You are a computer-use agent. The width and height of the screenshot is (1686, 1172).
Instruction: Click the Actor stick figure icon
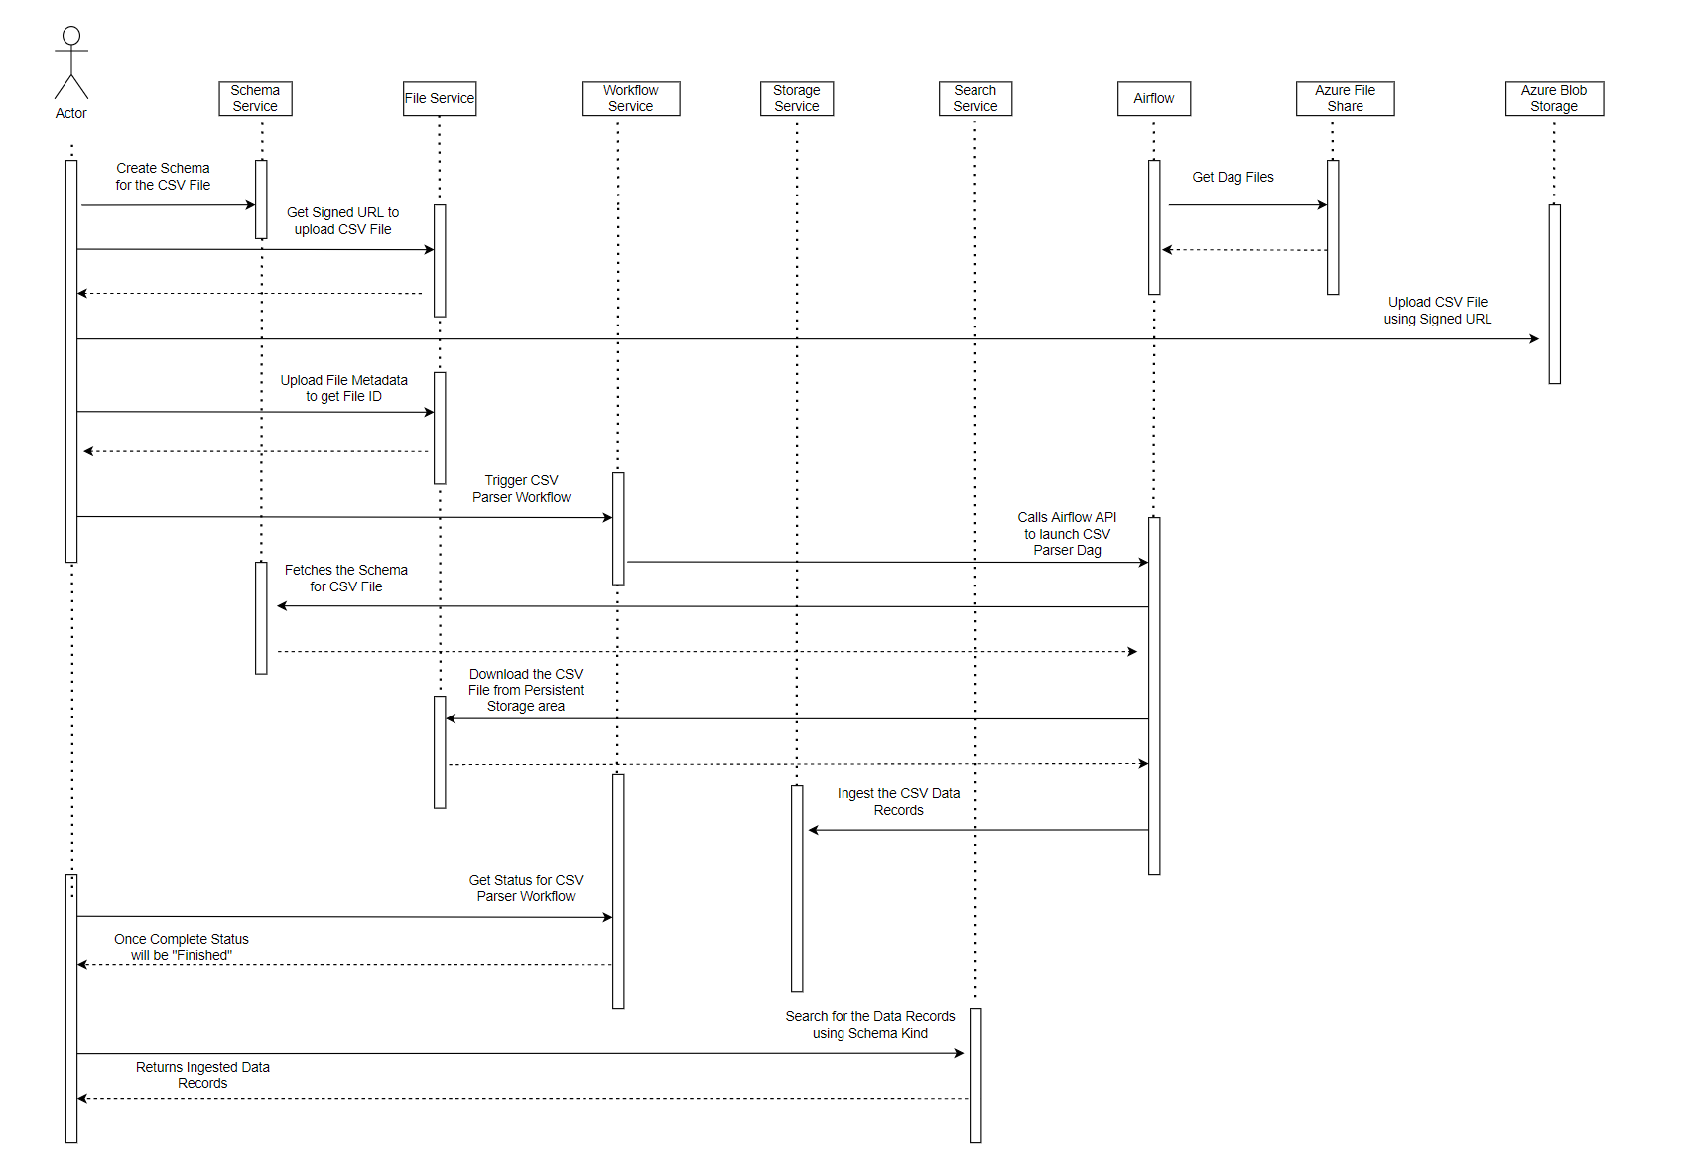point(71,64)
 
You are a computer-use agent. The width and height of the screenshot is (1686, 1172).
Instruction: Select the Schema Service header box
point(255,98)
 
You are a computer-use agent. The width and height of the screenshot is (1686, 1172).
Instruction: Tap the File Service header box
point(440,98)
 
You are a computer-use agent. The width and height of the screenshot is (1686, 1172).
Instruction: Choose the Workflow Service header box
point(630,98)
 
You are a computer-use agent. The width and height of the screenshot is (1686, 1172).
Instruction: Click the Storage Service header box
point(797,98)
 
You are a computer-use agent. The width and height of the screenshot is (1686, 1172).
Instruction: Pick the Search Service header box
point(975,98)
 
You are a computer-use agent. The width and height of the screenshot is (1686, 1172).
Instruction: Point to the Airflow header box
point(1154,98)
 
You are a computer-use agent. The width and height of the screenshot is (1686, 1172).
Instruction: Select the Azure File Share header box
point(1345,98)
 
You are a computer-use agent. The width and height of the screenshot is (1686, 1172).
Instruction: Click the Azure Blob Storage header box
point(1554,98)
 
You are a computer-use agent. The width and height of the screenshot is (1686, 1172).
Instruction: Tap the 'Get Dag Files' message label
point(1232,177)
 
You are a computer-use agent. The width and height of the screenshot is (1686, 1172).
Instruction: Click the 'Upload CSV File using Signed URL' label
point(1437,310)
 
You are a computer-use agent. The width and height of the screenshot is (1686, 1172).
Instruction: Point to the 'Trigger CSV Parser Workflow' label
point(521,488)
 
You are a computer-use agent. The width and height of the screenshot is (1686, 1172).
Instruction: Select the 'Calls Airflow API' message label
point(1067,533)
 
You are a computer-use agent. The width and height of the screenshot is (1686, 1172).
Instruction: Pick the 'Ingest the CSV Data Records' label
point(898,801)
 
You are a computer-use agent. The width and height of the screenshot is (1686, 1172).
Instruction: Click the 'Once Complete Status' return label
point(182,947)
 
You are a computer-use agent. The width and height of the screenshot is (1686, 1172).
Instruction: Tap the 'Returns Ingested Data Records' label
point(202,1075)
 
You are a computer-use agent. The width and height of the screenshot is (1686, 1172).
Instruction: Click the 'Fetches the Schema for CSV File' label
point(345,578)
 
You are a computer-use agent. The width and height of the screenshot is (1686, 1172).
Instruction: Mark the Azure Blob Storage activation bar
point(1554,294)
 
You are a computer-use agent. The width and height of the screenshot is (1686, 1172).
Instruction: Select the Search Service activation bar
point(975,1076)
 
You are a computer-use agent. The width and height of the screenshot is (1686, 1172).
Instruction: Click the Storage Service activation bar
point(797,888)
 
